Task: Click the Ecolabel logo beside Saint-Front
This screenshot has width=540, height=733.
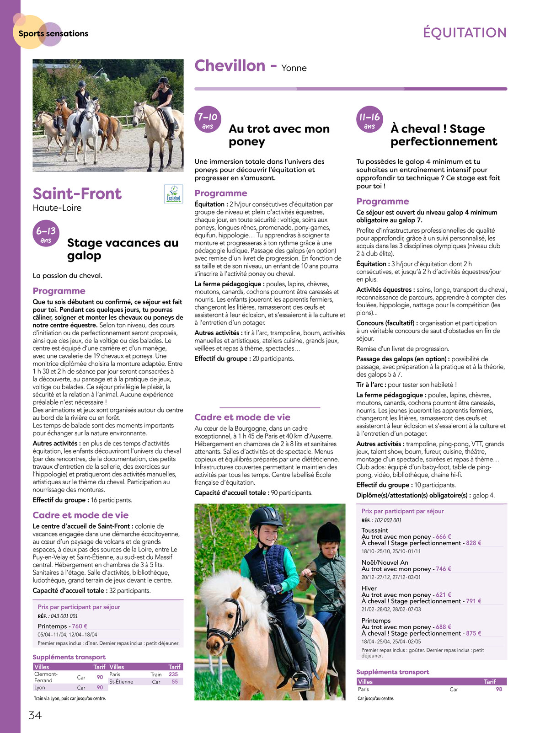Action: [x=173, y=194]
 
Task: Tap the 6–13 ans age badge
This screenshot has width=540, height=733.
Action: [x=46, y=235]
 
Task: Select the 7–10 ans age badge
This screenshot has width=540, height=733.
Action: [x=208, y=120]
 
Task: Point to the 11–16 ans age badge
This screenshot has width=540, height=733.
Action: [x=369, y=120]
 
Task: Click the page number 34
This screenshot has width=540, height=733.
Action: [x=35, y=715]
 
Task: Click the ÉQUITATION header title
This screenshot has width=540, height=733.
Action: [x=465, y=33]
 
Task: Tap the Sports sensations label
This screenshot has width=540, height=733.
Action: [x=53, y=33]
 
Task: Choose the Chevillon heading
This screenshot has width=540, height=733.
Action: [x=230, y=66]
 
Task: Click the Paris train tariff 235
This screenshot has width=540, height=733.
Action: [x=173, y=674]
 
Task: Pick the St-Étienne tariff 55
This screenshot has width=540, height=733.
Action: [x=175, y=681]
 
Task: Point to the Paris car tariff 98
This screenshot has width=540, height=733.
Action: [x=499, y=689]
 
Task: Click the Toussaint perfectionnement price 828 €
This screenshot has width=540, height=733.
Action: [x=473, y=543]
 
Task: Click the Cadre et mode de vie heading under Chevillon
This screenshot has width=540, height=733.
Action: [x=242, y=417]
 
